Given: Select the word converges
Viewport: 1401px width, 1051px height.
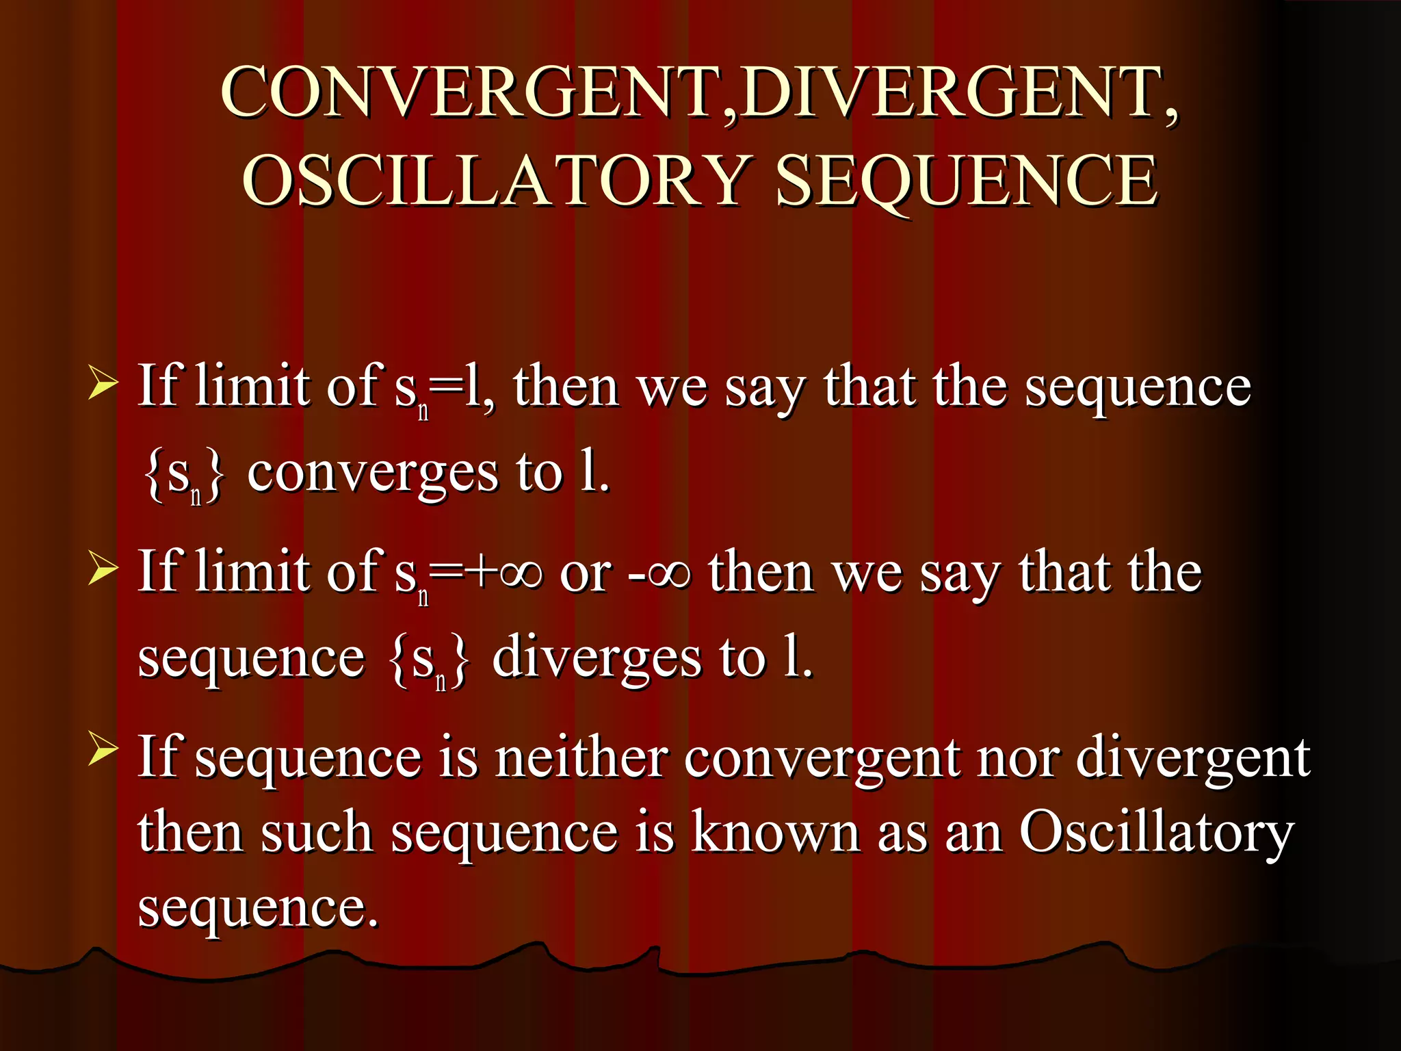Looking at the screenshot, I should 373,473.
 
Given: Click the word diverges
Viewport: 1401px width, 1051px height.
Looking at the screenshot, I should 597,658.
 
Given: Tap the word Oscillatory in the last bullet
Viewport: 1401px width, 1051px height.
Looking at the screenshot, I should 1156,833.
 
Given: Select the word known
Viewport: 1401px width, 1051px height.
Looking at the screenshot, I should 775,833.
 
